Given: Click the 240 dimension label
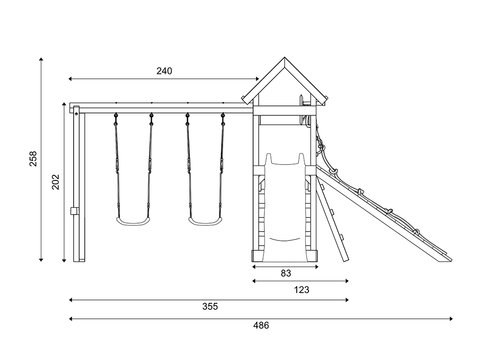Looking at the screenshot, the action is [x=165, y=71].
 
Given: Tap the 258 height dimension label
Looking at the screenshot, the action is [x=33, y=158].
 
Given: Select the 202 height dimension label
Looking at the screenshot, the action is [x=55, y=182].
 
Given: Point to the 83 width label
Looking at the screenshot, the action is [x=286, y=273].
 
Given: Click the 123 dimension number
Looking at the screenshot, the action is [x=301, y=290].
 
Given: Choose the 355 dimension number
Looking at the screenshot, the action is [x=210, y=307].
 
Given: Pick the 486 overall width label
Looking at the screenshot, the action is [x=261, y=325].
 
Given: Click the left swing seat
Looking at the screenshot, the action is [x=133, y=221].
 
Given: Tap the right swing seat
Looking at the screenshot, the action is [x=205, y=221].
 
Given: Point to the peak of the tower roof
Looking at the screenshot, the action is [x=285, y=57].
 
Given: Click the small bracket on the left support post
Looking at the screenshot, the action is [x=74, y=211].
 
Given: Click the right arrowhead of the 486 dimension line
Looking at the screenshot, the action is [x=451, y=319].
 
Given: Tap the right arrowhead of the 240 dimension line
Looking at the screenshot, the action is [x=257, y=79].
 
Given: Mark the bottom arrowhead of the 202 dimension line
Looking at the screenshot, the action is [x=64, y=261].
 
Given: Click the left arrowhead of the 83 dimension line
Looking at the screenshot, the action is [x=254, y=267].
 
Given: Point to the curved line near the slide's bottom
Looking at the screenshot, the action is [x=285, y=240].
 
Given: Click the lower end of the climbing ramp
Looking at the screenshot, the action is [x=446, y=260].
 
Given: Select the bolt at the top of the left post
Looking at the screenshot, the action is [x=76, y=114].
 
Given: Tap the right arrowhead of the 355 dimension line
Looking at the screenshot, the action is [x=347, y=300].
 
